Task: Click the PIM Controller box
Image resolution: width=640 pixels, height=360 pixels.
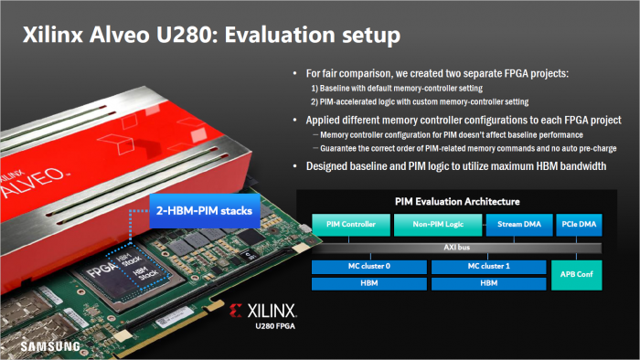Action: (x=350, y=223)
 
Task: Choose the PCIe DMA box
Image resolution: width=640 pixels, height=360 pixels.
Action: (x=578, y=223)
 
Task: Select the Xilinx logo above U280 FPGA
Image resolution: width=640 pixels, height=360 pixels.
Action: (x=272, y=310)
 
